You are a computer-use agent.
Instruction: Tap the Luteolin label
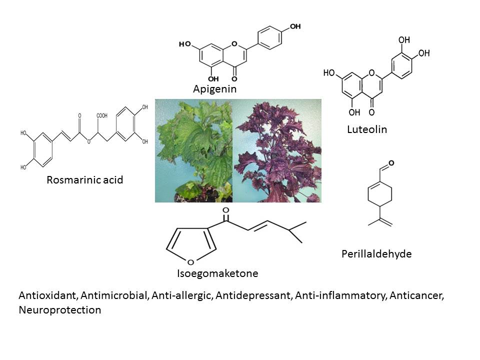(367, 130)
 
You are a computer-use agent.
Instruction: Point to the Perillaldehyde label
(376, 254)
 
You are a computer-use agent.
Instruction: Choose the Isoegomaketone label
(217, 274)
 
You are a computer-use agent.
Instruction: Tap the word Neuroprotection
(59, 310)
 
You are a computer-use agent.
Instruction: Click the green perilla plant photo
(194, 150)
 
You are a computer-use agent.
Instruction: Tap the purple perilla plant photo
(277, 150)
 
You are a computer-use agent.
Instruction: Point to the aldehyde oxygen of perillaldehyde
(390, 163)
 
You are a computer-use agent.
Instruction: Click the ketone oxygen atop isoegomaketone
(226, 210)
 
